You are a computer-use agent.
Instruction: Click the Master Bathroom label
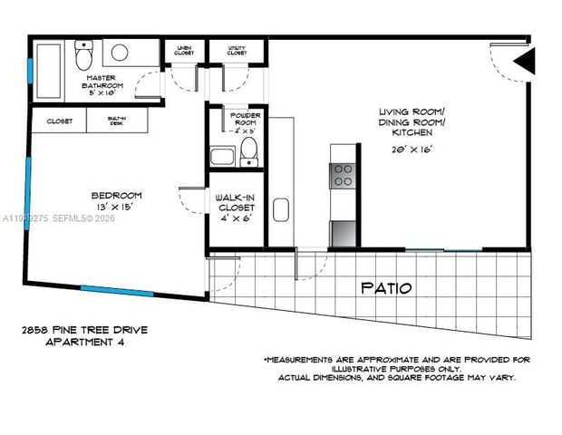102,84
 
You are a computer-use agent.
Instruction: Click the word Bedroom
116,195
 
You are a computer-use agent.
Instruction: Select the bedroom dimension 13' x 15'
116,208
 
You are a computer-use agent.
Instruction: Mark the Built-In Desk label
116,121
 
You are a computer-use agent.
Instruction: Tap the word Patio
387,288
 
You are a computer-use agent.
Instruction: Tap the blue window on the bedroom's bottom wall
117,291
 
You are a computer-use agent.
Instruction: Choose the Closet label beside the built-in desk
59,121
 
